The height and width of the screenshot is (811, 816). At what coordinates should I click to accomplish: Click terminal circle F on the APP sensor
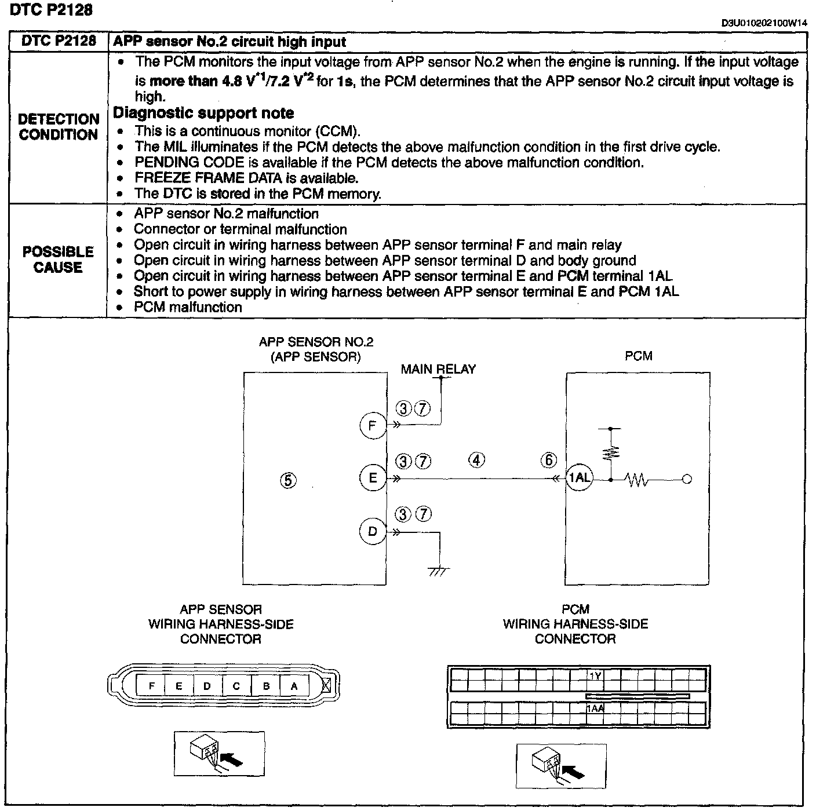tap(373, 426)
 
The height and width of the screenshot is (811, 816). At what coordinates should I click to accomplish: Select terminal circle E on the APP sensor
tap(373, 478)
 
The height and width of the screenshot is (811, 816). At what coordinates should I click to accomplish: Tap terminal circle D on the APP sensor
tap(373, 532)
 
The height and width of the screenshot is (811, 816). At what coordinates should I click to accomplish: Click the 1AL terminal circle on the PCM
tap(579, 478)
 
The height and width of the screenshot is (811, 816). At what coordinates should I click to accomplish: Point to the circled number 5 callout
tap(288, 480)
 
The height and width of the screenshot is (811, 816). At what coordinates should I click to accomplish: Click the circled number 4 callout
tap(476, 461)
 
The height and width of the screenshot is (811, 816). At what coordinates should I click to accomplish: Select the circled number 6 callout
tap(548, 461)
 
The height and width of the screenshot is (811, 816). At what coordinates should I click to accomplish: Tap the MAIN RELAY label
tap(438, 369)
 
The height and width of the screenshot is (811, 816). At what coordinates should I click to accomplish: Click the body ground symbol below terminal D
tap(439, 571)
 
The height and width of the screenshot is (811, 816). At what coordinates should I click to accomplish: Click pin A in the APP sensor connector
tap(294, 686)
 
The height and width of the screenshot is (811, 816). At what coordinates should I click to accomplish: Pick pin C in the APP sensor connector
tap(236, 686)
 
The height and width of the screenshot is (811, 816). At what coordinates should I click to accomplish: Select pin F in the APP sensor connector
tap(151, 686)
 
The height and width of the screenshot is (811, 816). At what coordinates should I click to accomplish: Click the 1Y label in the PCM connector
tap(595, 675)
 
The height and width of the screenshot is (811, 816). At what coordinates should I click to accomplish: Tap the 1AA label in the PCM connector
tap(595, 708)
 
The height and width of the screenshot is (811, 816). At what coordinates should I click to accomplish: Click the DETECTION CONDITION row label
tap(59, 127)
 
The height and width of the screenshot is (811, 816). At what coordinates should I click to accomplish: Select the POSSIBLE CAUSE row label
tap(58, 260)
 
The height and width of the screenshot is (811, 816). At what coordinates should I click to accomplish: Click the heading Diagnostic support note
tap(203, 113)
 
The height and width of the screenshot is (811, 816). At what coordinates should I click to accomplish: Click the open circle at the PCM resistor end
tap(687, 479)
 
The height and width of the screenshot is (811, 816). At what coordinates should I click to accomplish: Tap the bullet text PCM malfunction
tap(188, 307)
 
